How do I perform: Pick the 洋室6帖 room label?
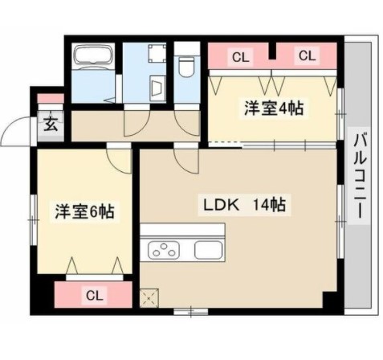(x=83, y=212)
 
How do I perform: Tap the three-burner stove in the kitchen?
(x=162, y=249)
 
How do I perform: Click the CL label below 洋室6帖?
(x=94, y=295)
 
